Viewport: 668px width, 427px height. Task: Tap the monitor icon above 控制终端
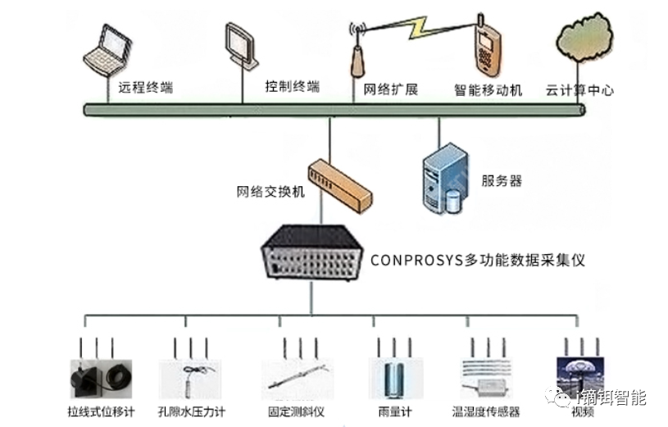(x=240, y=44)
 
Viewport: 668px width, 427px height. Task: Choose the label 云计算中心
(x=579, y=90)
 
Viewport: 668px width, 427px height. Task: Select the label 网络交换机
(x=270, y=193)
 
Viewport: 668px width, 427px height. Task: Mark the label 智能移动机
(x=488, y=90)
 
